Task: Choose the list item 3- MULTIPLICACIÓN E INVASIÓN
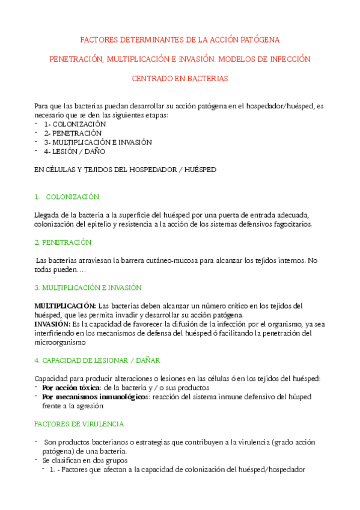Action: tap(97, 142)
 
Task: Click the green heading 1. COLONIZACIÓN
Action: tap(67, 197)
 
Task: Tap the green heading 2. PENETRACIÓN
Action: tap(63, 242)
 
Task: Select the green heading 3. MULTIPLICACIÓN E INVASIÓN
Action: tap(88, 287)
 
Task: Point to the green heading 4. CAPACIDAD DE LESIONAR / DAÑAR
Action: tap(97, 360)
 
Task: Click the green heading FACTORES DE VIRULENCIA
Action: tap(79, 423)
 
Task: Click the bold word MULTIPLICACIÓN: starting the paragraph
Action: tap(65, 306)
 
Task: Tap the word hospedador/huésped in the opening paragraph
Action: tap(275, 106)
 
